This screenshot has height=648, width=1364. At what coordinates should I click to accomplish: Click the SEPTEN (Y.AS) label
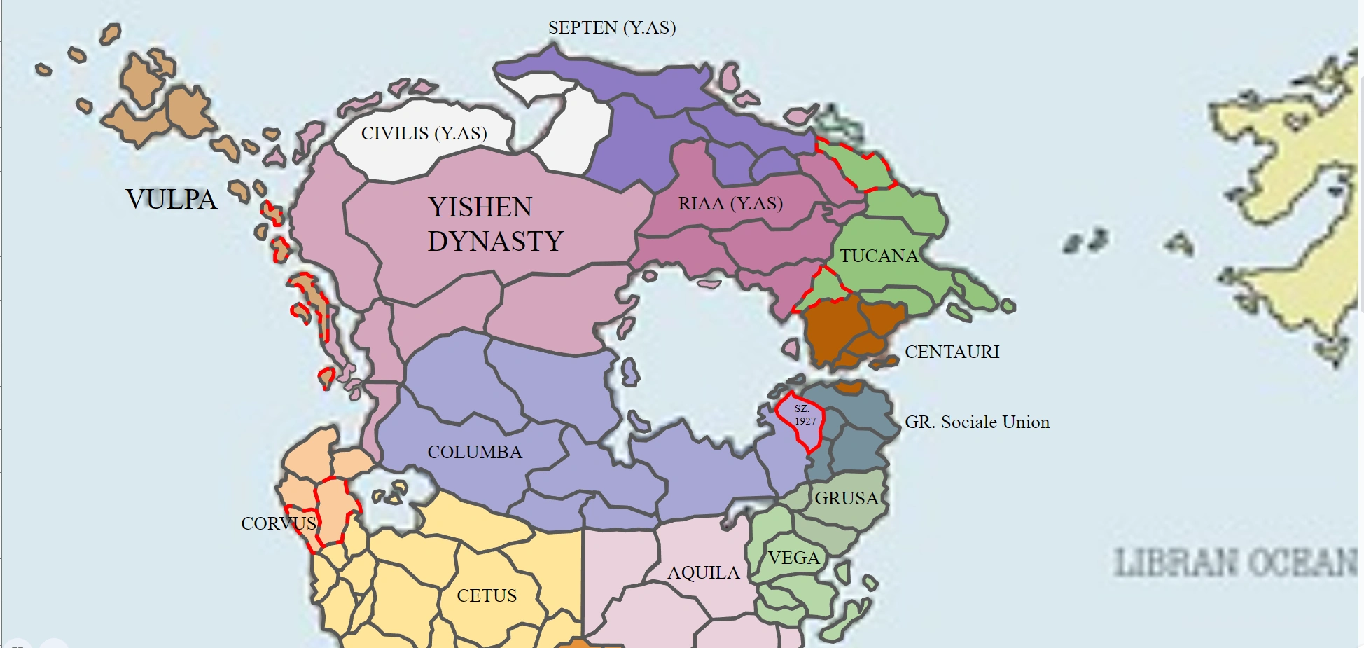coord(612,28)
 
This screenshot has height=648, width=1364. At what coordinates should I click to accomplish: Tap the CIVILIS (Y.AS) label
coord(424,134)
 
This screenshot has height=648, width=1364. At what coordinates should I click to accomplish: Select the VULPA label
coord(172,200)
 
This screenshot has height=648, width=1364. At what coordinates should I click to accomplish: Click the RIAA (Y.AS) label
coord(730,204)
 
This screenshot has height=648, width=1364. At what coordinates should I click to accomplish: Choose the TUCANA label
coord(879,256)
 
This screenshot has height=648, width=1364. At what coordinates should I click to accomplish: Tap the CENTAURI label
coord(952,352)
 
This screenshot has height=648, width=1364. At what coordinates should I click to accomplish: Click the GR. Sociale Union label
coord(977,422)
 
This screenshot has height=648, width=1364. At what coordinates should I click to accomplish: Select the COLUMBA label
coord(475,453)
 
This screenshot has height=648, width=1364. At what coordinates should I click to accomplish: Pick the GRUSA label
coord(846,499)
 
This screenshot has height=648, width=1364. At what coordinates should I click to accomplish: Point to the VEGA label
coord(793,558)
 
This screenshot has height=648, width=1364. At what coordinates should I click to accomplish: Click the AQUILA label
coord(704,573)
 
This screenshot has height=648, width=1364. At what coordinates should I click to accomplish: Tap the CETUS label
coord(487,596)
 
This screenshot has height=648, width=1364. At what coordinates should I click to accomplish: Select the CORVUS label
coord(279,524)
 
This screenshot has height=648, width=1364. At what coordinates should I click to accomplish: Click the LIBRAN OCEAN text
coord(1235,563)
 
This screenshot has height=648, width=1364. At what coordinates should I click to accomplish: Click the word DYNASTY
coord(495,242)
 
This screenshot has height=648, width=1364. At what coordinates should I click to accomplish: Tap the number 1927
coord(805,421)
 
